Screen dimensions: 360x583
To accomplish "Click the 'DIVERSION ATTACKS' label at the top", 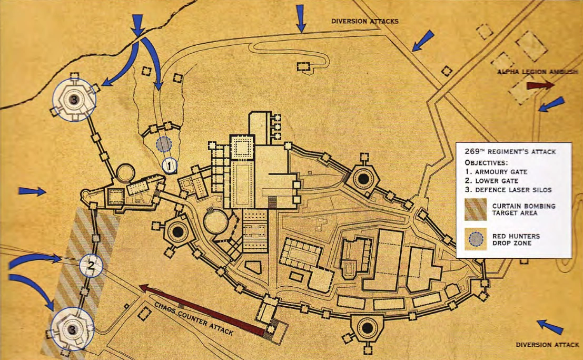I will click(x=364, y=22).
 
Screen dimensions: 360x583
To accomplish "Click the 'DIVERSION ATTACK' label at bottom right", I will click(x=547, y=345).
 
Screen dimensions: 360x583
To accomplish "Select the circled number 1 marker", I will click(x=169, y=166).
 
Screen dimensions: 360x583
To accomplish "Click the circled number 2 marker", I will click(x=90, y=265).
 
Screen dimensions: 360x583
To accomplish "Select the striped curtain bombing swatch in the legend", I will click(x=476, y=209).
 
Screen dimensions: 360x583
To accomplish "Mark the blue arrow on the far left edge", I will click(x=32, y=191).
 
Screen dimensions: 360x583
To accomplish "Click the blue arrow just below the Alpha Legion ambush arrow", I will click(x=551, y=104).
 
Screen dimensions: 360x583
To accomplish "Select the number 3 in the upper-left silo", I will click(x=74, y=99).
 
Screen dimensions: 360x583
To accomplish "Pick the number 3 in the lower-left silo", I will click(x=72, y=328).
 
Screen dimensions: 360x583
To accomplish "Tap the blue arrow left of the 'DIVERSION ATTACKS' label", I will click(x=301, y=18).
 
